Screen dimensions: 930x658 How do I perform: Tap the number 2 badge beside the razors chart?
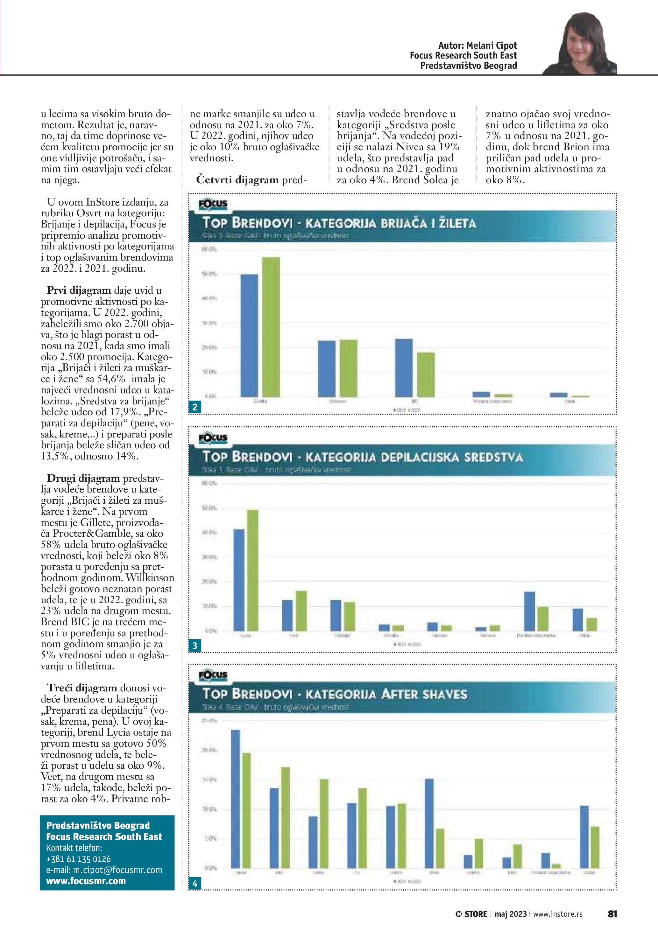pyautogui.click(x=195, y=407)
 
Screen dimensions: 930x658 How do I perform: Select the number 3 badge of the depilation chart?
pyautogui.click(x=195, y=646)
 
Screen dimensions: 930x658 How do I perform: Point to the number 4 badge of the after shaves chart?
pyautogui.click(x=195, y=884)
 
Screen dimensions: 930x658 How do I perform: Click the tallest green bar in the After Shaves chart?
pyautogui.click(x=246, y=810)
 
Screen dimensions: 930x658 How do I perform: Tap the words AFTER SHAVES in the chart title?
pyautogui.click(x=424, y=695)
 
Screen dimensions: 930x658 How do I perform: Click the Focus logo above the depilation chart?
pyautogui.click(x=213, y=438)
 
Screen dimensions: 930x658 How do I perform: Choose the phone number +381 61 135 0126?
pyautogui.click(x=78, y=859)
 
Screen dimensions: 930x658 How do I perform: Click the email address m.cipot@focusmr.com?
pyautogui.click(x=104, y=870)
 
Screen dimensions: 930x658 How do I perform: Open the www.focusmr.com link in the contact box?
pyautogui.click(x=86, y=881)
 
